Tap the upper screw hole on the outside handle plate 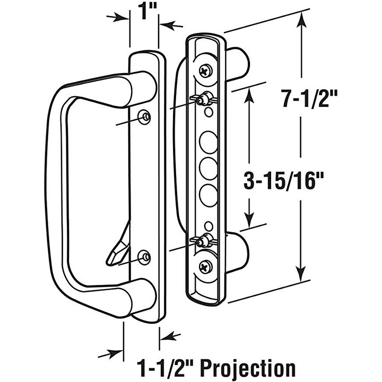coord(144,117)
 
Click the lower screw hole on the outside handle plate coord(144,257)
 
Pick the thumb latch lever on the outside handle coord(119,246)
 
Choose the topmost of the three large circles coord(209,143)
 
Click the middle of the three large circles coord(209,169)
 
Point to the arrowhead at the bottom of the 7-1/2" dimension coord(301,274)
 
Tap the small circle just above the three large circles coord(209,112)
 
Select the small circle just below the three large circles coord(209,226)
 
